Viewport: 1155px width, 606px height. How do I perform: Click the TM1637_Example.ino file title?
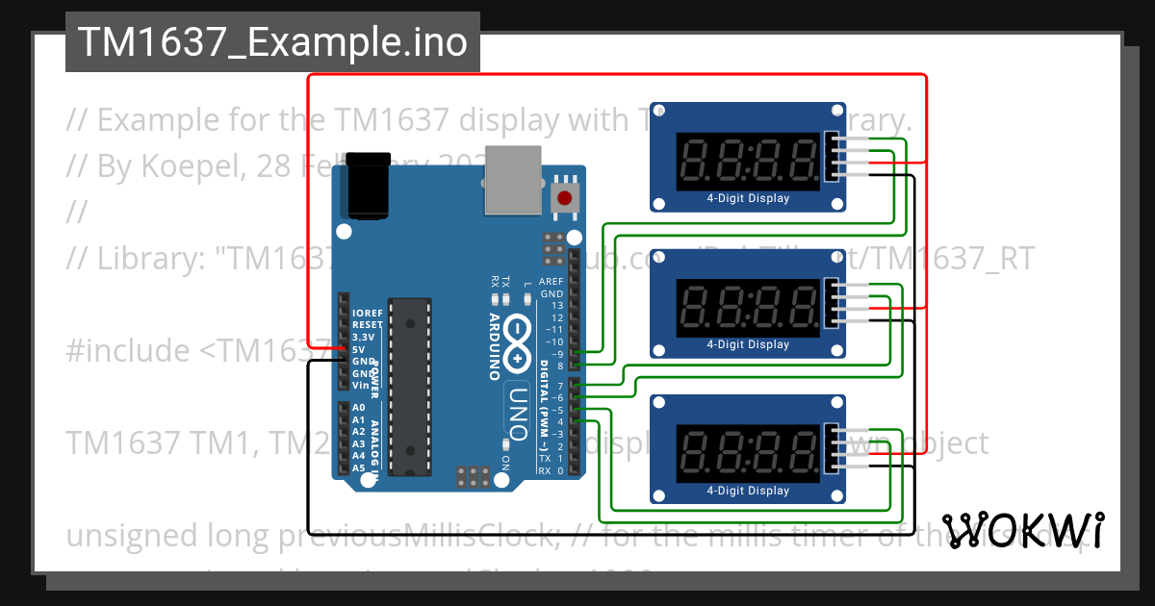click(x=272, y=42)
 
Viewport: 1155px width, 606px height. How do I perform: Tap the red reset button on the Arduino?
click(x=564, y=198)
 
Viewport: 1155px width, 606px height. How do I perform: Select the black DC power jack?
click(x=367, y=185)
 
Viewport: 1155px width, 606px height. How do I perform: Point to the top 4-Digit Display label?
click(x=748, y=199)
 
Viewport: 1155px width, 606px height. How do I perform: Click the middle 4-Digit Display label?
click(x=748, y=344)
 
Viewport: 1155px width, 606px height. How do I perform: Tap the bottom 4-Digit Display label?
click(x=748, y=491)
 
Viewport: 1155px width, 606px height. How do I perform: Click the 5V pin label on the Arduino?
click(x=359, y=348)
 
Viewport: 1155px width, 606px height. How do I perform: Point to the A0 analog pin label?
click(x=359, y=408)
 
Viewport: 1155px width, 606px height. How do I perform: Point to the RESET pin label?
click(x=368, y=325)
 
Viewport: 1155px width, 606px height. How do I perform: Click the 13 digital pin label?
click(x=557, y=305)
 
